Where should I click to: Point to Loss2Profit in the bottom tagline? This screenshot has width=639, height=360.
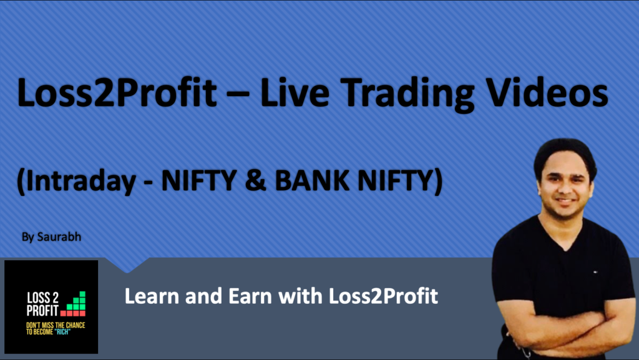tap(383, 295)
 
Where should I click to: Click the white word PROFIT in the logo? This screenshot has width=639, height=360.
tap(43, 309)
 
